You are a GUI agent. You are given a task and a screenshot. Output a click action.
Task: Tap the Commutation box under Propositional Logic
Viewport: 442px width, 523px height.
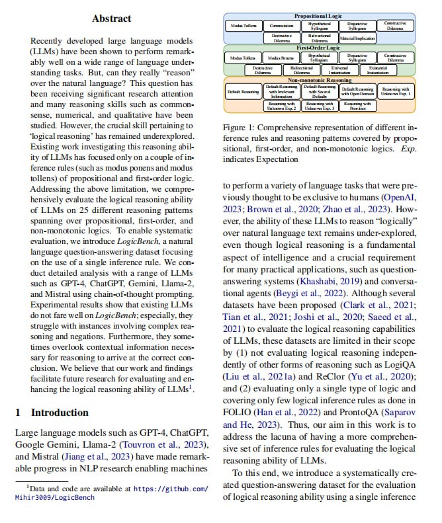pyautogui.click(x=282, y=25)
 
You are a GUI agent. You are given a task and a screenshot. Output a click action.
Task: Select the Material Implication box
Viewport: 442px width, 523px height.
pyautogui.click(x=357, y=38)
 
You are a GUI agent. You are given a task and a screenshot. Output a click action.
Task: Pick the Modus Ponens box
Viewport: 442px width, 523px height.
pyautogui.click(x=282, y=58)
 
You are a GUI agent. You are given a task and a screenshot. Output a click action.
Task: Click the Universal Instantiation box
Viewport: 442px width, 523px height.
pyautogui.click(x=339, y=69)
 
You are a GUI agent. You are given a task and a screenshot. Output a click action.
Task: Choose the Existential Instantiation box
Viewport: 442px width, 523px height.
pyautogui.click(x=378, y=69)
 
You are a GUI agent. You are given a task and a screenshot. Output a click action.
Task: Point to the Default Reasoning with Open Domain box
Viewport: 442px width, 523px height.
pyautogui.click(x=358, y=91)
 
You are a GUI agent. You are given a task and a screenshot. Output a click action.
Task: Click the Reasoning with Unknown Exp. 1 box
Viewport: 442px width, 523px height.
pyautogui.click(x=396, y=91)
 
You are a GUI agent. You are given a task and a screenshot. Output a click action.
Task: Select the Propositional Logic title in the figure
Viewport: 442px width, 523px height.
pyautogui.click(x=320, y=14)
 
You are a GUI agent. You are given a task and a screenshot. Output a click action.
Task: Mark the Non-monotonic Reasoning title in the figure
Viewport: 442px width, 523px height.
pyautogui.click(x=320, y=80)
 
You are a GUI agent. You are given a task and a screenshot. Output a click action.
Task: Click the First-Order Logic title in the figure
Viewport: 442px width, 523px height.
pyautogui.click(x=320, y=48)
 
